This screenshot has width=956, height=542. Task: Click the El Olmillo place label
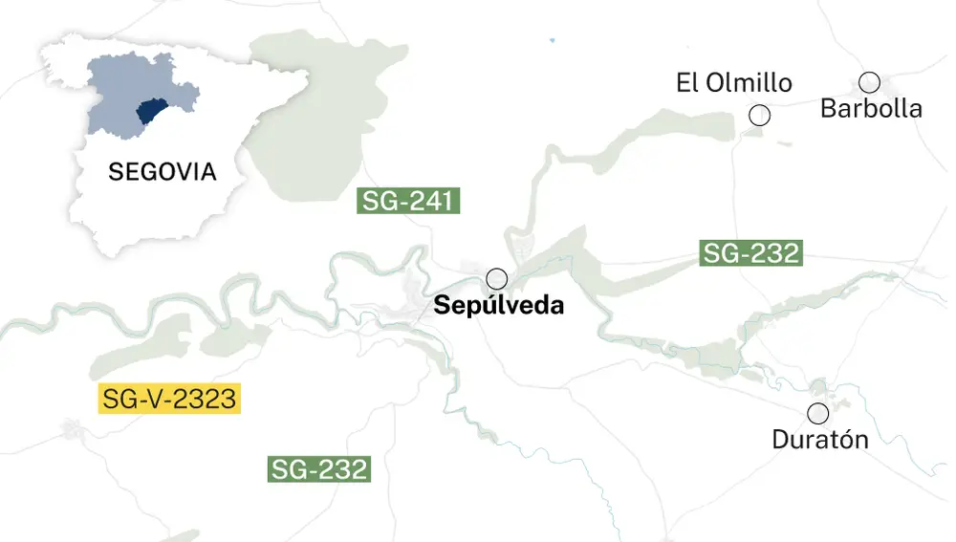[734, 83]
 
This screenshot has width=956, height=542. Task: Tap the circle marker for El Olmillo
[760, 116]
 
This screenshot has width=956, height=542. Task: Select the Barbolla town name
[871, 108]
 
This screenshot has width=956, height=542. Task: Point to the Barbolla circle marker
[869, 82]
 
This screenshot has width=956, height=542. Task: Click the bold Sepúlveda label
[498, 306]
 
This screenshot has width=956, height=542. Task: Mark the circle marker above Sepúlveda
[497, 279]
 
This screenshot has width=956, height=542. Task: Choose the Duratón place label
[820, 440]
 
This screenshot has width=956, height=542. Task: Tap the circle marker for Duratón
[818, 414]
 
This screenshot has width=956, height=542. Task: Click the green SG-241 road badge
[409, 202]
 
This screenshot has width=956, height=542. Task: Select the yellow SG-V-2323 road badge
[169, 399]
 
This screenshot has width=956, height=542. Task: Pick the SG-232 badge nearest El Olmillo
[750, 253]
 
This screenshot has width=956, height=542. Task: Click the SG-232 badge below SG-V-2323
[318, 469]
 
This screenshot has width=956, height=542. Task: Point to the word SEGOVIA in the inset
[163, 173]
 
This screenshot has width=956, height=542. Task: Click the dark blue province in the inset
[154, 113]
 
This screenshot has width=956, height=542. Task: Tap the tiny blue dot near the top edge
[553, 40]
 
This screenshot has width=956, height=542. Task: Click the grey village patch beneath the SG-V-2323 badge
[72, 428]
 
